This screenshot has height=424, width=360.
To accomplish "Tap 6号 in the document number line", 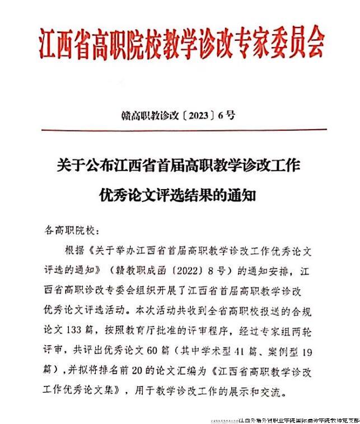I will (x=227, y=116).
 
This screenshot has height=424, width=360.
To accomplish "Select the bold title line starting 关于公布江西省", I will (x=180, y=166).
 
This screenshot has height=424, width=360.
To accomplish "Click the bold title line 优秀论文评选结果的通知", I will (x=180, y=196).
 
